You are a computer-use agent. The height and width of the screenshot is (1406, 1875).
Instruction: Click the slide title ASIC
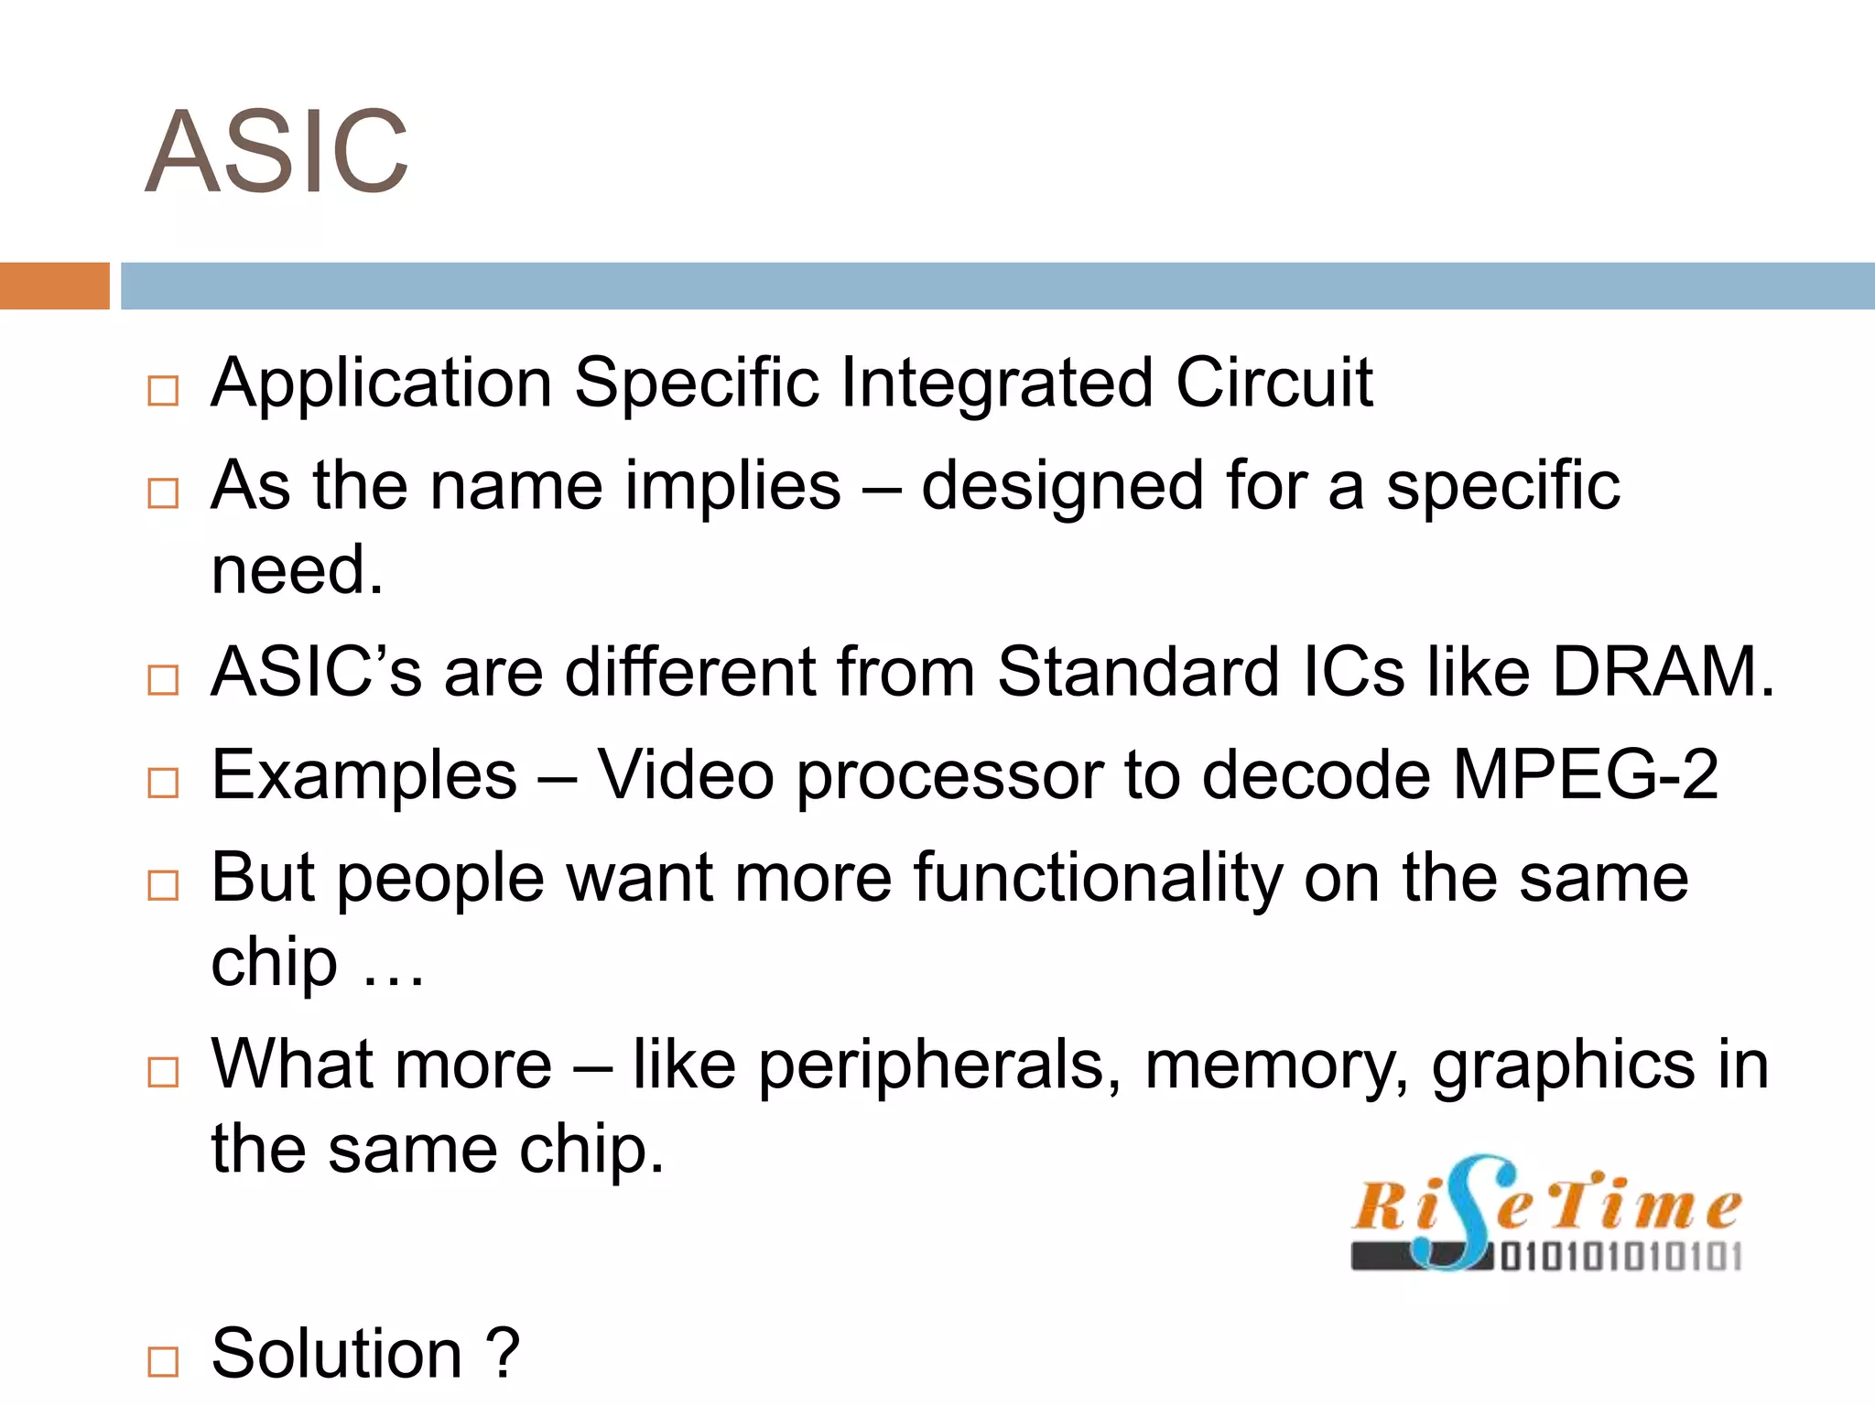click(276, 152)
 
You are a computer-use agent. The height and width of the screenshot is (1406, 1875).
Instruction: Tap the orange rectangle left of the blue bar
click(54, 286)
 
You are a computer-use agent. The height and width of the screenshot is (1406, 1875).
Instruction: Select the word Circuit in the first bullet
click(1273, 383)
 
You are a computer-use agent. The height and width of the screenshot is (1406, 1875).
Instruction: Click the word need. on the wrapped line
click(297, 571)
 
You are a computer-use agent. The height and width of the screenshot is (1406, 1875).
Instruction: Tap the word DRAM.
click(1663, 673)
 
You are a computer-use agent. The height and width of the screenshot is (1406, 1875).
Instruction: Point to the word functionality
click(1098, 879)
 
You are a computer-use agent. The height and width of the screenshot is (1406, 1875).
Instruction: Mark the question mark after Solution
click(503, 1353)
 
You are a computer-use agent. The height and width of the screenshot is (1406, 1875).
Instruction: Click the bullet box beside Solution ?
click(163, 1362)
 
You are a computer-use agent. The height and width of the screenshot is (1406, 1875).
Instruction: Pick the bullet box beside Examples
click(163, 784)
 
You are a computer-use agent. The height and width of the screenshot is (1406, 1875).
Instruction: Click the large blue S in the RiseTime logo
click(1461, 1213)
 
